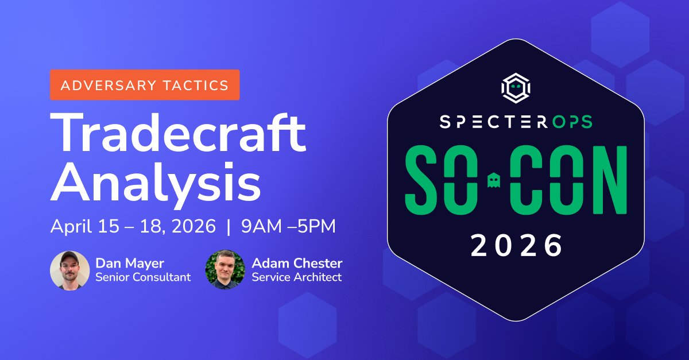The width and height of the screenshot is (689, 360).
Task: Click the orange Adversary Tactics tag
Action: pos(145,85)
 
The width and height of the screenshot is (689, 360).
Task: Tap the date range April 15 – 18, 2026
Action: pos(133,226)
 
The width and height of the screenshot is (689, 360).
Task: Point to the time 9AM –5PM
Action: pos(288,226)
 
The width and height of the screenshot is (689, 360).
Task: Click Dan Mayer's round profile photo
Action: pos(70,270)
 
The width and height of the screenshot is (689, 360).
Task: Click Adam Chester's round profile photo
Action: pos(225,270)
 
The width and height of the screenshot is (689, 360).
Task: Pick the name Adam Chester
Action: pos(297,264)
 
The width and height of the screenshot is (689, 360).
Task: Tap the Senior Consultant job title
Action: pos(143,277)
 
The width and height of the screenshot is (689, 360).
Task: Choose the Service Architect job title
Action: pos(296,277)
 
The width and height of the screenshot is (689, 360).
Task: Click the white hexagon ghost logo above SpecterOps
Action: pos(516,87)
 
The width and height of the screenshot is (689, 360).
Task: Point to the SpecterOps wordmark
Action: pos(516,122)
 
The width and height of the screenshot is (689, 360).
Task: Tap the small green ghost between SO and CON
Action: pos(493,181)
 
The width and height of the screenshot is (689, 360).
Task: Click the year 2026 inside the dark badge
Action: pos(516,246)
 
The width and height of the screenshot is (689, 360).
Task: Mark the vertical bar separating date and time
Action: pos(229,226)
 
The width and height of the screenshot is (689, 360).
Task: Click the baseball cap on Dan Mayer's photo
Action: pos(70,257)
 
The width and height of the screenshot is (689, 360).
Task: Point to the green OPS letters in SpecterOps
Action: pos(571,122)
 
